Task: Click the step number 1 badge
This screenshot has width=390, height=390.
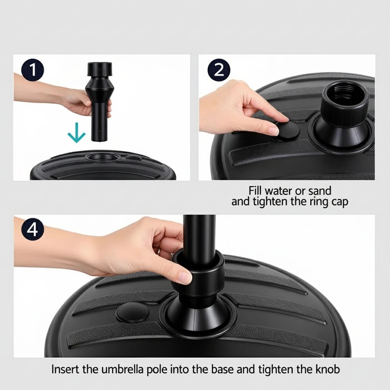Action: (x=33, y=70)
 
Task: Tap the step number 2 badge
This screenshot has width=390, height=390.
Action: (x=219, y=70)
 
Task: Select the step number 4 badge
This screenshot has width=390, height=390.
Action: (x=33, y=230)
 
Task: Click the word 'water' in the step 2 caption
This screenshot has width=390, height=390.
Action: (x=279, y=191)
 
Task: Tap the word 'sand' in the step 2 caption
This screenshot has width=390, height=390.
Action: (x=319, y=191)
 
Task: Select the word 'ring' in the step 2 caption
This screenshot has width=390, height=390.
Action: (x=317, y=202)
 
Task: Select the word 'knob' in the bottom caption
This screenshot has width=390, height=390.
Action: (x=327, y=369)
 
